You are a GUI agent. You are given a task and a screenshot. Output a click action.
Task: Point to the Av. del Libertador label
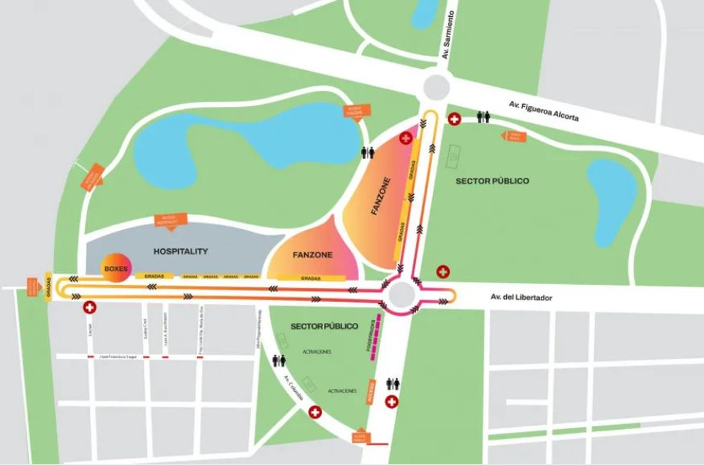pos(522,298)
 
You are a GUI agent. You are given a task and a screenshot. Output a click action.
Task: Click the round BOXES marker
pos(115,268)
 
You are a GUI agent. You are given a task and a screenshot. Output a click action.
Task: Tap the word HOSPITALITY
pos(180,251)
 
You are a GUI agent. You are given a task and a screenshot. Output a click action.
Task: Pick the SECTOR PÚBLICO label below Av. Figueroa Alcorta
pos(492,181)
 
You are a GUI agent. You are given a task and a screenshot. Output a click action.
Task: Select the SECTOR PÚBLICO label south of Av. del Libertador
pos(324,326)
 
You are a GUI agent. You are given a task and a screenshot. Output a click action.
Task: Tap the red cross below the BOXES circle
pos(89,307)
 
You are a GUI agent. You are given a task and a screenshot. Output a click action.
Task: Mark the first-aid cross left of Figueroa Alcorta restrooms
pos(455,120)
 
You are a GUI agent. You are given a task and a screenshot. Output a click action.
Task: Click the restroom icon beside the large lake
pos(367,152)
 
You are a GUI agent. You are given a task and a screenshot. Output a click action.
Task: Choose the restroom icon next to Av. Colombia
pos(279,360)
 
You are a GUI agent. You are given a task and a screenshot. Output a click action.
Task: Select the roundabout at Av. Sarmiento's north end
pos(436,88)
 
